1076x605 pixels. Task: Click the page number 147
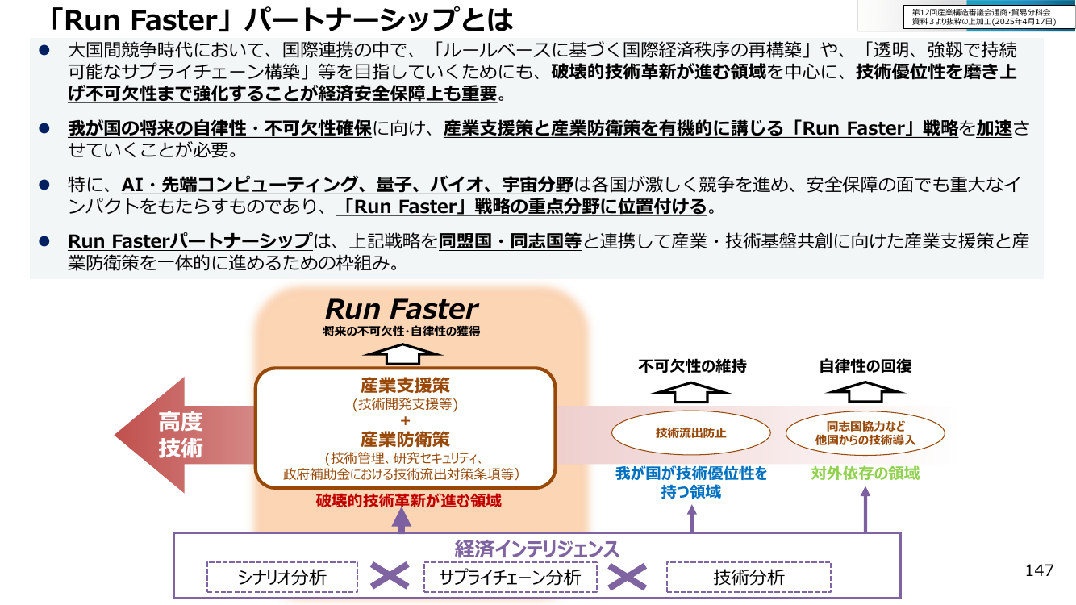[1039, 570]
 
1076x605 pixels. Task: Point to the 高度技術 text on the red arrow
[181, 435]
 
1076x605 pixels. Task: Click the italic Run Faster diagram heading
[402, 309]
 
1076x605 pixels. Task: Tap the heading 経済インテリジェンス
[536, 549]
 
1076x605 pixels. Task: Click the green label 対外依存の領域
[865, 474]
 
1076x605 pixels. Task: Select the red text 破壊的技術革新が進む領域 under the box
[408, 501]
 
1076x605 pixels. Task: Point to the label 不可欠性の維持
[692, 366]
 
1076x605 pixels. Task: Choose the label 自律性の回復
[865, 366]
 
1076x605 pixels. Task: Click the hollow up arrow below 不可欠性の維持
[690, 392]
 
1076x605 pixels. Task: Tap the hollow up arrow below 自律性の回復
[865, 392]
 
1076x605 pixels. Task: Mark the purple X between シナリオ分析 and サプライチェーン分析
[390, 576]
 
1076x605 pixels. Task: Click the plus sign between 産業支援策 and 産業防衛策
[405, 421]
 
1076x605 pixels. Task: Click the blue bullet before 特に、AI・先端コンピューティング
[44, 185]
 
